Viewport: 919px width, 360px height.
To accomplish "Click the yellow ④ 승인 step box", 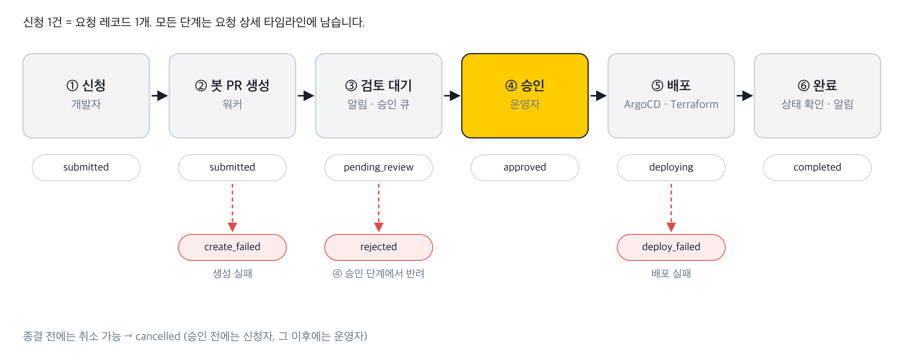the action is (525, 96).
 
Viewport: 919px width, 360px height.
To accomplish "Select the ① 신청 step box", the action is (86, 96).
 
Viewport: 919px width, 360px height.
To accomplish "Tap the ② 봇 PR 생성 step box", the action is (232, 96).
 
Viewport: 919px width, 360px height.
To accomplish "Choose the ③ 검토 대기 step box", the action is (379, 96).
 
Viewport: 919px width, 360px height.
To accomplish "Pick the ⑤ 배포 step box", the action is (671, 96).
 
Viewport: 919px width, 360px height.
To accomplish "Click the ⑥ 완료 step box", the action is (818, 96).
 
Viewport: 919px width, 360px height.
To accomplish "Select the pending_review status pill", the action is (379, 168).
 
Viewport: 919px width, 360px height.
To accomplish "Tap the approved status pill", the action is (525, 168).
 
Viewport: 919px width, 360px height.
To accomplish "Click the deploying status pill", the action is (671, 168).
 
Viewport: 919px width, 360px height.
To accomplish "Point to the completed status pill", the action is (818, 168).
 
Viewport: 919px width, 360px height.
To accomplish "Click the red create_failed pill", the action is (232, 247).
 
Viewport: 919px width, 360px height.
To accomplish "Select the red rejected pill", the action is (379, 247).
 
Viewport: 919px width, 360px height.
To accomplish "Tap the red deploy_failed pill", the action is (671, 247).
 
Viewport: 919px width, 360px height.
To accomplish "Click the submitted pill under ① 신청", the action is (86, 168).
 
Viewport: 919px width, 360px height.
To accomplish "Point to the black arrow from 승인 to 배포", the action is (598, 96).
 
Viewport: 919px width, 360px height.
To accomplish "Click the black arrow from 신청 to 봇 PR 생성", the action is (159, 96).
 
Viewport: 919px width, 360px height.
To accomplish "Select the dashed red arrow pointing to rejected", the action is (379, 208).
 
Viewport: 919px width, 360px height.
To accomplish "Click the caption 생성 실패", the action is (232, 273).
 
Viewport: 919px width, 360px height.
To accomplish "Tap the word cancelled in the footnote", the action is (158, 336).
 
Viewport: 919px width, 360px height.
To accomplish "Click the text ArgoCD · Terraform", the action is (671, 104).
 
